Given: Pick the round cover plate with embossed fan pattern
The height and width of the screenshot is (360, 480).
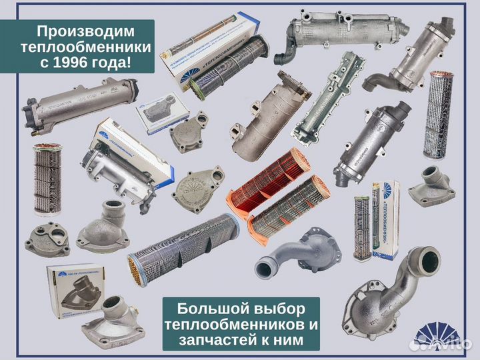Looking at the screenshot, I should [197, 189].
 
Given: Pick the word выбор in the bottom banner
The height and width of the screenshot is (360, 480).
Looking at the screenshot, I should [276, 310].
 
